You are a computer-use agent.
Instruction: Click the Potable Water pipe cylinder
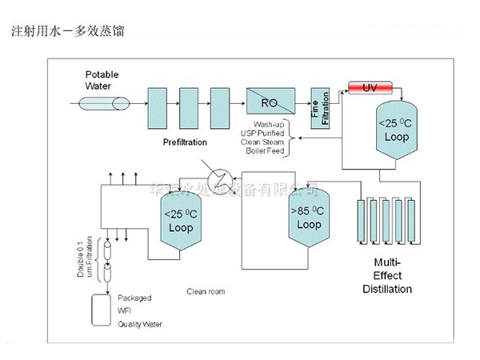pos(103,103)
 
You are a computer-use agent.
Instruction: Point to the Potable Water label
pos(103,79)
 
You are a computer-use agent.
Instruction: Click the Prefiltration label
pos(185,142)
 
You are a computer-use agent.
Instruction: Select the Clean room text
pos(206,291)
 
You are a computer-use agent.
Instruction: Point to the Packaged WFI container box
pos(101,310)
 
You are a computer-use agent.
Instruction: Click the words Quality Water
pos(140,324)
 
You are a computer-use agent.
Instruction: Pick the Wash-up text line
pos(270,124)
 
